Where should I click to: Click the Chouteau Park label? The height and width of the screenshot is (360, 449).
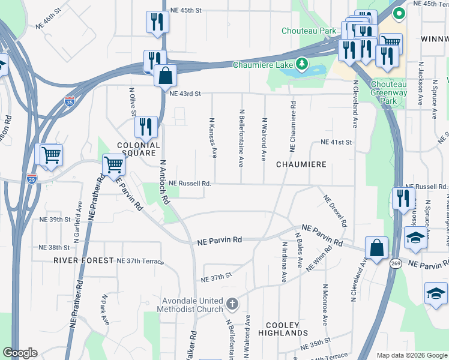(x=309, y=31)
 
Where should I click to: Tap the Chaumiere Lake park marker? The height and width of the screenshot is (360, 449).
(x=303, y=64)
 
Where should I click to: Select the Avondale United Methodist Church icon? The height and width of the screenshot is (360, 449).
(x=233, y=304)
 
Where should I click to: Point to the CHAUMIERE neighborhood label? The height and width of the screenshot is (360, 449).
(x=301, y=164)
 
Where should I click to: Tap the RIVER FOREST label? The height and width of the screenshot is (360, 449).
(x=83, y=260)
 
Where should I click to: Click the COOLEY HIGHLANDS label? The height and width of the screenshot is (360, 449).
(x=283, y=328)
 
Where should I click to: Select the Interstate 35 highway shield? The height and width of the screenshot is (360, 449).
(x=70, y=101)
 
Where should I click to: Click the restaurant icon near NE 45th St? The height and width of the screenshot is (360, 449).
(x=157, y=22)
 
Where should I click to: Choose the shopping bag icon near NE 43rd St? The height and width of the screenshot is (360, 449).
(x=165, y=76)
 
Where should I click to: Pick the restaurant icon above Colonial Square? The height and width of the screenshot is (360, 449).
(x=146, y=127)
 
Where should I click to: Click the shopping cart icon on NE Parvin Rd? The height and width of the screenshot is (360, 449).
(x=113, y=164)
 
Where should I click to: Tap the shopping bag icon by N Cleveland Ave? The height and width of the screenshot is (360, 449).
(x=376, y=248)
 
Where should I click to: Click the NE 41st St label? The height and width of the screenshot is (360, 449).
(x=336, y=142)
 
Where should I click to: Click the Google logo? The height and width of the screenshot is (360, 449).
(x=20, y=353)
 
